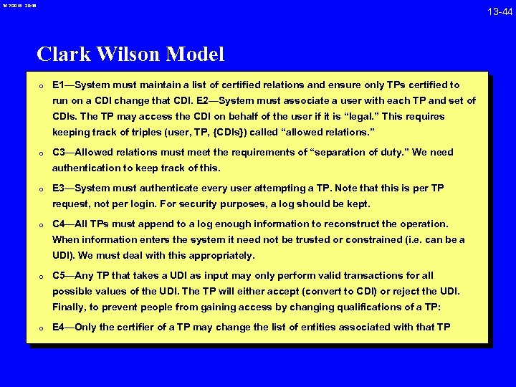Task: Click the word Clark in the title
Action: click(64, 54)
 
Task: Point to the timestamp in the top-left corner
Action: click(17, 6)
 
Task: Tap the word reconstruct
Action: click(358, 224)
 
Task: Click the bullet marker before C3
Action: click(43, 153)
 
